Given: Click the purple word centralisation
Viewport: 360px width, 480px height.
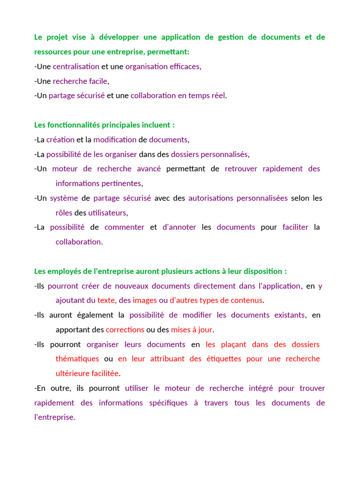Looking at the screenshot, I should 76,67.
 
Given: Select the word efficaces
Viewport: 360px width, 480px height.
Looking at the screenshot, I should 185,67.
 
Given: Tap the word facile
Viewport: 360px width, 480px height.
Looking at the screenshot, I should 98,81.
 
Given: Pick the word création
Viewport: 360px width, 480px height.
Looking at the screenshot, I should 60,140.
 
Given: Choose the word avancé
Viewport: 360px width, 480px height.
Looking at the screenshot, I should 149,169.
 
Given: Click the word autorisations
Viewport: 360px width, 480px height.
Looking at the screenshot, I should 210,198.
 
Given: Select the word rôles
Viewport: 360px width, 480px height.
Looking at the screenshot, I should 64,213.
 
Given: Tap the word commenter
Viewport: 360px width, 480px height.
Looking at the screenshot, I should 124,227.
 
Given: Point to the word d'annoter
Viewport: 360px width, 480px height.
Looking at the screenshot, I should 179,227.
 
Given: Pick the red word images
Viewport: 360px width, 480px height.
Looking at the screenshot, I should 145,300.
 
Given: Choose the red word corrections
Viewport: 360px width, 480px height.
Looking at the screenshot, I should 125,330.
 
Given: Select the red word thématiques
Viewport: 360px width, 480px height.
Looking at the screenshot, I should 77,359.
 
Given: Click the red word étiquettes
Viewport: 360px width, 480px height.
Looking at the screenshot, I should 222,359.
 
